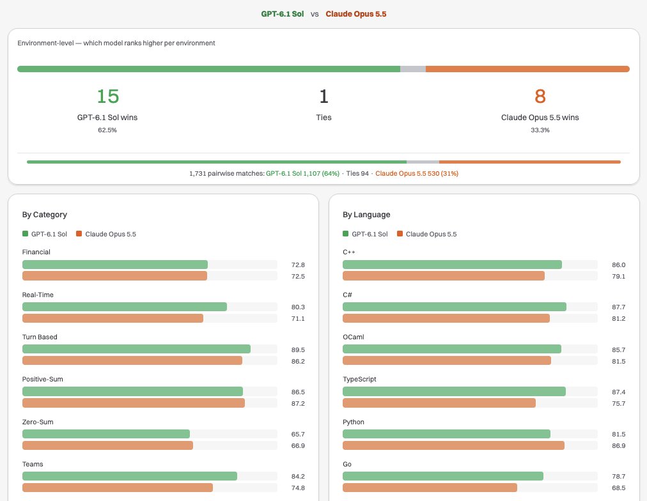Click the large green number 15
pyautogui.click(x=107, y=96)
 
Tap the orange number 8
pyautogui.click(x=540, y=96)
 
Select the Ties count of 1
pyautogui.click(x=324, y=96)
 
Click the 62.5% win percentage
pyautogui.click(x=107, y=130)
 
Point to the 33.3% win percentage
pyautogui.click(x=540, y=130)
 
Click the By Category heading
pyautogui.click(x=45, y=215)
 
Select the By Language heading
pyautogui.click(x=366, y=215)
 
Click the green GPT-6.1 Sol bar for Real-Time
pyautogui.click(x=125, y=307)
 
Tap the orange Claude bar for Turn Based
pyautogui.click(x=132, y=360)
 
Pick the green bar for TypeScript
pyautogui.click(x=454, y=391)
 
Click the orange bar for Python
pyautogui.click(x=453, y=445)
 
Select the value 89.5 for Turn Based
pyautogui.click(x=298, y=350)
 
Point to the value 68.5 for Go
pyautogui.click(x=618, y=488)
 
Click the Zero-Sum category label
pyautogui.click(x=38, y=422)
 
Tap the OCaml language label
pyautogui.click(x=353, y=337)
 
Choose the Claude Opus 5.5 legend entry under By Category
pyautogui.click(x=106, y=234)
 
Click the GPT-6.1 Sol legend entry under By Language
pyautogui.click(x=365, y=234)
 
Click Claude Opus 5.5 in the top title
pyautogui.click(x=356, y=14)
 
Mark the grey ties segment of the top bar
pyautogui.click(x=413, y=69)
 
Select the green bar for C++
pyautogui.click(x=452, y=265)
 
